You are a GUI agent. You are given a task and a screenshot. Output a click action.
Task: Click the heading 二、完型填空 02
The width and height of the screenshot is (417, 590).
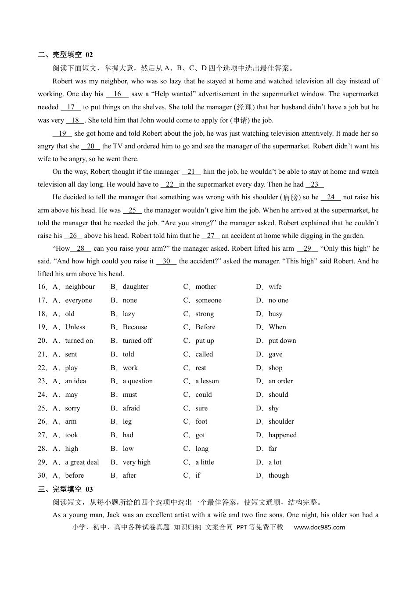pos(65,55)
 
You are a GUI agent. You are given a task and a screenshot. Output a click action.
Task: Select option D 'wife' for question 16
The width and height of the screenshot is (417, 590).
pos(275,287)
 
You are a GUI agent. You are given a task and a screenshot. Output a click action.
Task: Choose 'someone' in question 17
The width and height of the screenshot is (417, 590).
pos(208,300)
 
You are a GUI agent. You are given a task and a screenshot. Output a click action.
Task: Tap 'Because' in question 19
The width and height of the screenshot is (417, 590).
pos(135,327)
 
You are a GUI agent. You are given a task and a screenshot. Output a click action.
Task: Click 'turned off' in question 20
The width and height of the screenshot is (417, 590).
pos(137,341)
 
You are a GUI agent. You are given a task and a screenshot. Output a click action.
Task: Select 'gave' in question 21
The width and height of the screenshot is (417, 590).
pos(275,354)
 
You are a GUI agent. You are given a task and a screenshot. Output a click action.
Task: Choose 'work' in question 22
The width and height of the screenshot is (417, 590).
pos(130,368)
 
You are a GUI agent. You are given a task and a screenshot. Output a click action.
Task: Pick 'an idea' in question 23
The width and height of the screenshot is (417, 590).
pos(75,381)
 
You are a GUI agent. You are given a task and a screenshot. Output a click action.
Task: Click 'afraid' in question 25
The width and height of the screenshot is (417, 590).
pos(131,408)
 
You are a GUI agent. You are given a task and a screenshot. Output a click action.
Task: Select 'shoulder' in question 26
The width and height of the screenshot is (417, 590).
pos(281,421)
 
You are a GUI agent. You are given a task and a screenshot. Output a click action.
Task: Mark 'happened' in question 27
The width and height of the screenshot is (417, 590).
pos(282,435)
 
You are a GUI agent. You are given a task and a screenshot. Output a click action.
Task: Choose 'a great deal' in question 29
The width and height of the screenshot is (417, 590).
pos(82,462)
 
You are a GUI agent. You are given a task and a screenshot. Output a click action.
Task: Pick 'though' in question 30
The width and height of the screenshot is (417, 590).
pos(278,475)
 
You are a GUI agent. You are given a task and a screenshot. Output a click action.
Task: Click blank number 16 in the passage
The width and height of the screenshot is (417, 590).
pos(117,94)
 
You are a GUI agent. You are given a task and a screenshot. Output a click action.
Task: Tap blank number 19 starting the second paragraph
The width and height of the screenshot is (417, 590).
pos(62,133)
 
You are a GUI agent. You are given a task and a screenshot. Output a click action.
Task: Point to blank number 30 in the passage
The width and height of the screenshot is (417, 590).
pos(166,261)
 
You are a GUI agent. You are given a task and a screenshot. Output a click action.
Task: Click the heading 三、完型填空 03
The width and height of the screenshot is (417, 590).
pos(65,489)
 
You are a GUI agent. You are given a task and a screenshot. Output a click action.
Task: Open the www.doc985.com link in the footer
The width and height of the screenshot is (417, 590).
pos(319,527)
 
